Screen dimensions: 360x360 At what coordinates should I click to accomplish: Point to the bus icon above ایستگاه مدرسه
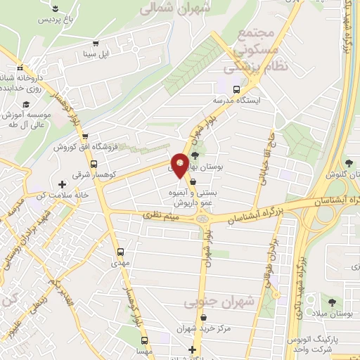237,89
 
